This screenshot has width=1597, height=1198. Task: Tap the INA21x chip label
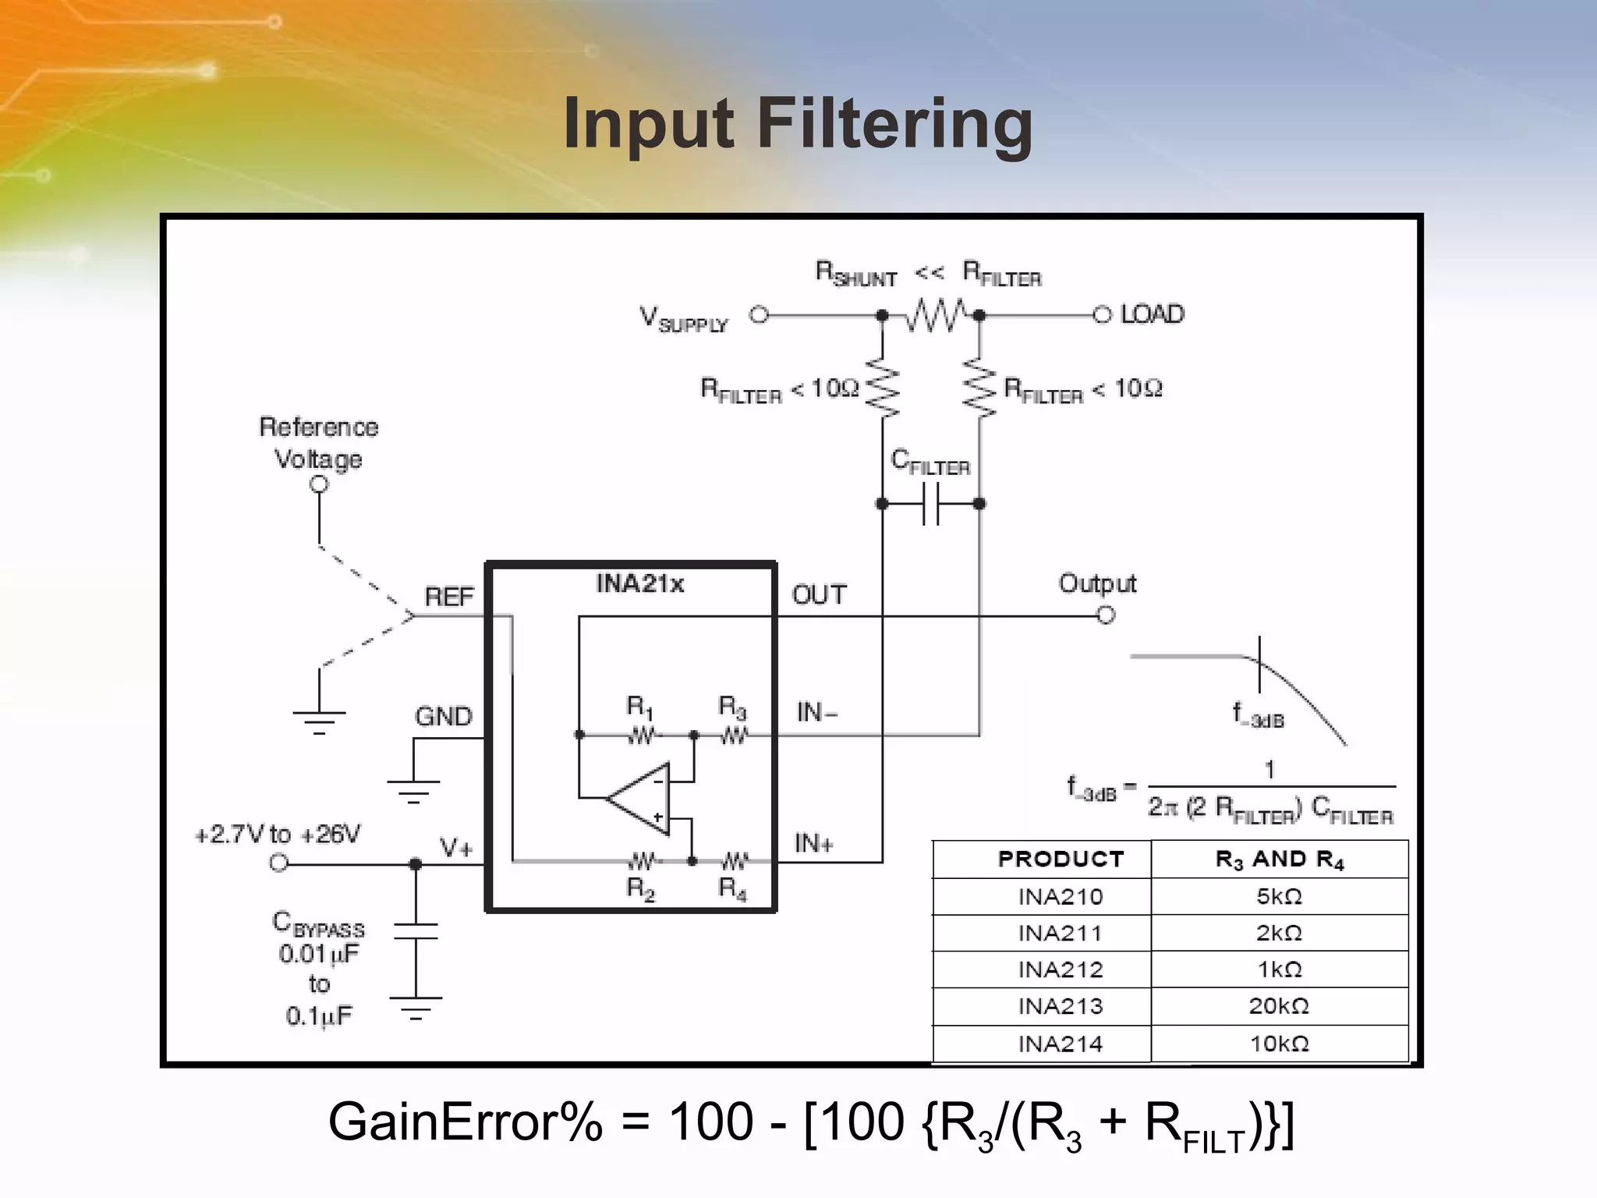click(x=639, y=583)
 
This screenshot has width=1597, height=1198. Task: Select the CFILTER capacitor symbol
click(x=931, y=504)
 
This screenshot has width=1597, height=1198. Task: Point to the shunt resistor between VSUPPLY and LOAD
click(x=933, y=315)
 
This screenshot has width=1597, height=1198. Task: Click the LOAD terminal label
click(x=1152, y=314)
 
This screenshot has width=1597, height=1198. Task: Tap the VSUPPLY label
click(x=683, y=319)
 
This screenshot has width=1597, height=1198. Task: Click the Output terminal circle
click(x=1106, y=616)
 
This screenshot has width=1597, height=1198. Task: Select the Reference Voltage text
click(x=318, y=442)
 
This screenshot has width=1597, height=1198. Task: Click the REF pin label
click(x=448, y=597)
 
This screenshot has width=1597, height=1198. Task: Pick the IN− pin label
click(x=816, y=712)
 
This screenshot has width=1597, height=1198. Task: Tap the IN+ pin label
click(x=814, y=843)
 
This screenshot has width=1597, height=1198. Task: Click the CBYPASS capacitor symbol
click(x=416, y=931)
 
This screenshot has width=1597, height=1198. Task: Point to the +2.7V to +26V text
click(x=277, y=835)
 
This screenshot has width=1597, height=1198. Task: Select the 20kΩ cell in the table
click(x=1278, y=1006)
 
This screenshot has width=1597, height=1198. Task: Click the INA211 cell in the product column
click(x=1060, y=934)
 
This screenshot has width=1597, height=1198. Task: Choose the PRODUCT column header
click(x=1061, y=860)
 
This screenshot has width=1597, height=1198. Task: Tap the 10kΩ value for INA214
click(x=1278, y=1044)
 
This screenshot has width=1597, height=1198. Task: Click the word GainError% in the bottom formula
click(x=465, y=1122)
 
